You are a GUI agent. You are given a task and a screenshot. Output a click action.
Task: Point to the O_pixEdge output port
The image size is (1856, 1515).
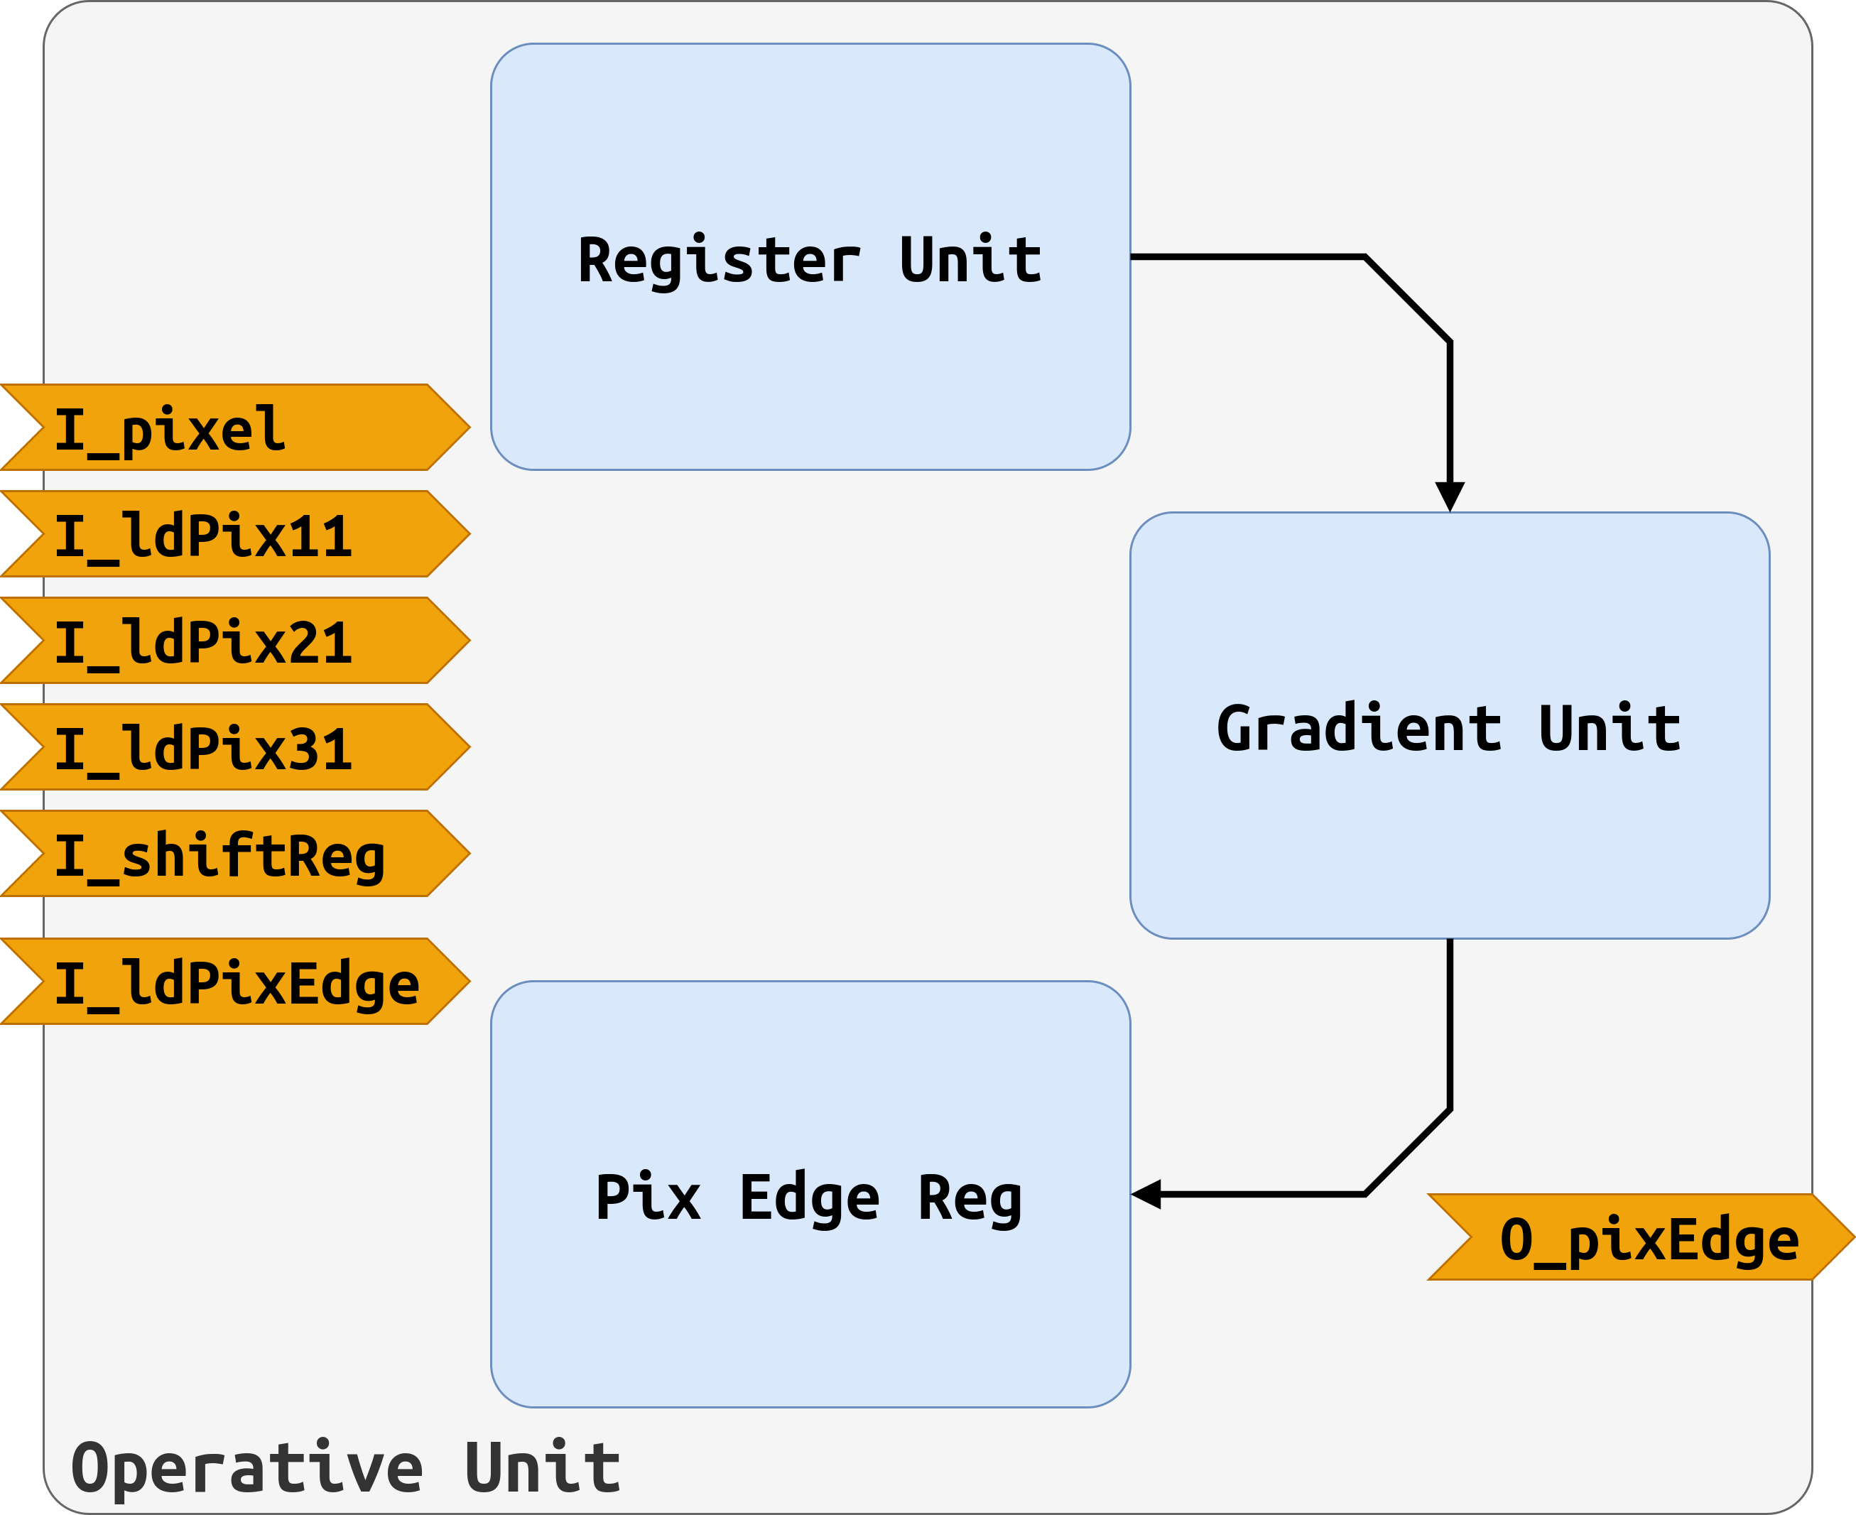click(x=1641, y=1237)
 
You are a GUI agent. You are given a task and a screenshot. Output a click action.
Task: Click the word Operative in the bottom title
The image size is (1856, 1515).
click(x=247, y=1469)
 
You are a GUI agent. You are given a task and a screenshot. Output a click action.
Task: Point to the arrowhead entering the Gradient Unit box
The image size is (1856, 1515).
click(x=1450, y=496)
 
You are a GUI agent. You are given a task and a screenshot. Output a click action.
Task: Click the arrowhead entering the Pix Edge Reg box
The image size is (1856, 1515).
click(x=1146, y=1194)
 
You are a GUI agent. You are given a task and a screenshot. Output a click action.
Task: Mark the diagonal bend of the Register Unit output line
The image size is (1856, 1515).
click(x=1406, y=299)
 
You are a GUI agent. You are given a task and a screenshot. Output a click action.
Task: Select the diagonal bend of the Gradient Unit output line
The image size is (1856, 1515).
click(x=1406, y=1151)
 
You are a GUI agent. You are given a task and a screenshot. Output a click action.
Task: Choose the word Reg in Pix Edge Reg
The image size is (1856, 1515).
click(x=970, y=1200)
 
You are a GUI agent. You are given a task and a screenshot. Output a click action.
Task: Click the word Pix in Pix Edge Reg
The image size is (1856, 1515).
click(x=648, y=1197)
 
